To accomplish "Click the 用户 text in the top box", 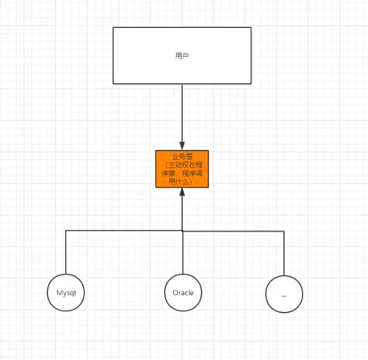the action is (x=182, y=56).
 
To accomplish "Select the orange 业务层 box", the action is (x=182, y=169).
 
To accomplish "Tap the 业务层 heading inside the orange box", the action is (x=182, y=157).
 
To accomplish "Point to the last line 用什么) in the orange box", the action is (x=180, y=182).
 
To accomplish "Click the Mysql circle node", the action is (x=66, y=293).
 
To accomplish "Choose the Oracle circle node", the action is (x=183, y=293).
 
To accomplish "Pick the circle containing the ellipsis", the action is (x=284, y=294).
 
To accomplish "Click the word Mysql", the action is (x=66, y=293).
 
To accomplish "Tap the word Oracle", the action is (x=183, y=293).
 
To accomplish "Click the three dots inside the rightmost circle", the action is (x=284, y=295).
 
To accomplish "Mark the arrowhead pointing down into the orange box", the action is (x=182, y=146).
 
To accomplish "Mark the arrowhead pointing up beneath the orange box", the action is (x=182, y=192).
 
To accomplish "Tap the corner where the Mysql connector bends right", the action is (x=66, y=231).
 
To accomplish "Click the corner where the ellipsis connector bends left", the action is (x=284, y=231).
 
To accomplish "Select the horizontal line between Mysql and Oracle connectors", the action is (x=121, y=231).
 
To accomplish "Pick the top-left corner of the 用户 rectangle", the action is (x=114, y=27).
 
